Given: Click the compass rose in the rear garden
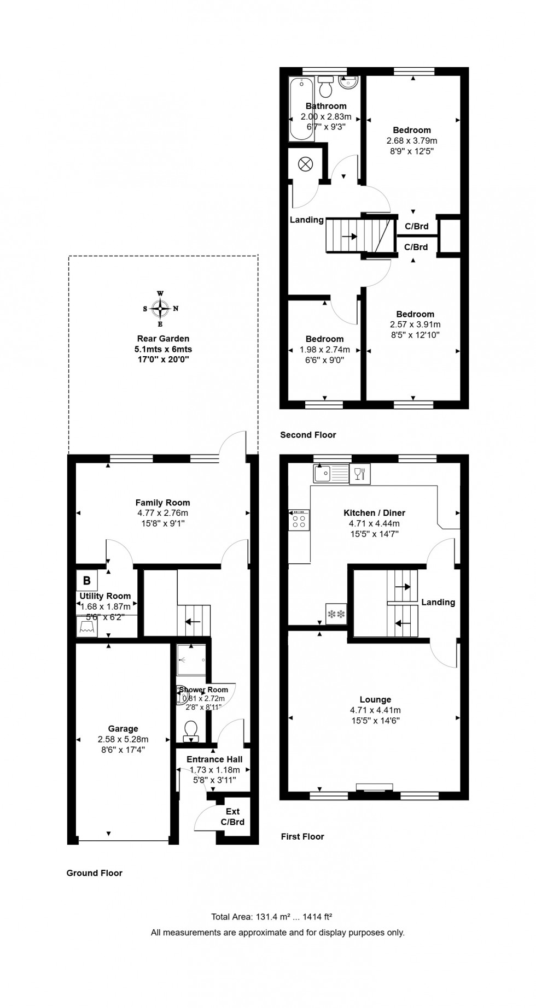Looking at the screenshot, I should coord(160,309).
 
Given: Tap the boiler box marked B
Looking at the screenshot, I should coord(87,580).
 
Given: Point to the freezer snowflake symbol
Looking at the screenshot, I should coord(336,614).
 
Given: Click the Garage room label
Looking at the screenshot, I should coord(123,728).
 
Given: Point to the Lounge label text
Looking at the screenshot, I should coord(375,699).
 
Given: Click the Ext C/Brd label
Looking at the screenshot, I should coord(232,817).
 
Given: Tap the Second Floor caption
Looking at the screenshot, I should coord(308,435).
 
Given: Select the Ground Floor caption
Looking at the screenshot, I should coord(94,873).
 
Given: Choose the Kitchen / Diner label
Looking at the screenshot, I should coord(374,512).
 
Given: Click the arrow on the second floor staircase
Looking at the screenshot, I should coord(349,237).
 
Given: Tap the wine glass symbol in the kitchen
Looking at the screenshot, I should coord(359,473).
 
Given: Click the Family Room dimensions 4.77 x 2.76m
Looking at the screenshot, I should coord(162,513).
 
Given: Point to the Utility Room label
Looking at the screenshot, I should coord(105,596).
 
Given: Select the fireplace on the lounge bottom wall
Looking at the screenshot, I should coord(374,788).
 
